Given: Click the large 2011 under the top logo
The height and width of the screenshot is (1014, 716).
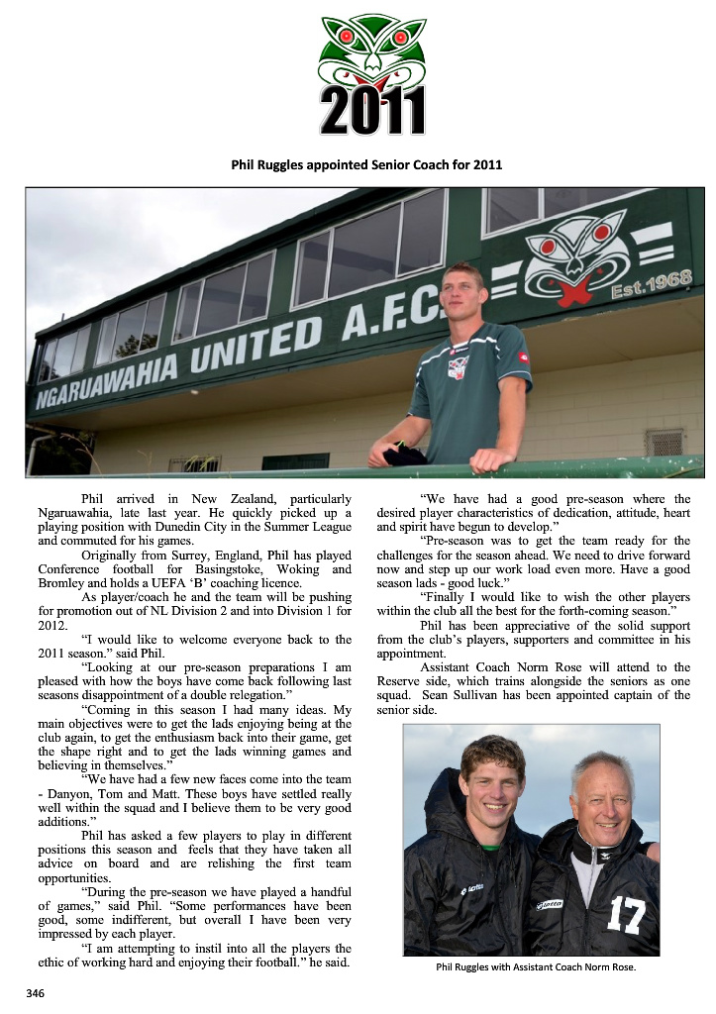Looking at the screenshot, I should pyautogui.click(x=372, y=112).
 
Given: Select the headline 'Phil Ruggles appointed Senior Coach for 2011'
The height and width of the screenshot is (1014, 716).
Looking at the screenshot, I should pyautogui.click(x=366, y=164).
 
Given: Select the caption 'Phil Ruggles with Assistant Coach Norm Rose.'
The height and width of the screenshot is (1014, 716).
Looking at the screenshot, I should pyautogui.click(x=535, y=967).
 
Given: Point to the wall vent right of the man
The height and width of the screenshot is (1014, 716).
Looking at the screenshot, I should pyautogui.click(x=664, y=442).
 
